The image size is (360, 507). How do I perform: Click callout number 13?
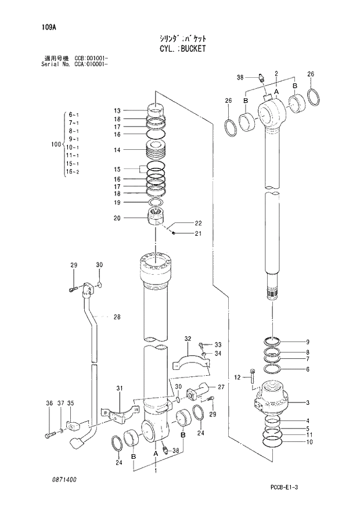(x=117, y=111)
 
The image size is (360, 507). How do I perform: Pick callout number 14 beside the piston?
(x=117, y=150)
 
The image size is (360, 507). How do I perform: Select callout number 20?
(x=117, y=218)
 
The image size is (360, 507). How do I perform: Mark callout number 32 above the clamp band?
(x=188, y=339)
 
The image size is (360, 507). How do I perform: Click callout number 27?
(x=221, y=386)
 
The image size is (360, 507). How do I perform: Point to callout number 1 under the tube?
(x=155, y=471)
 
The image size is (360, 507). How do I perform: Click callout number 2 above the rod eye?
(x=276, y=73)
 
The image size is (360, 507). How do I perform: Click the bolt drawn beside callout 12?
(x=251, y=376)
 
